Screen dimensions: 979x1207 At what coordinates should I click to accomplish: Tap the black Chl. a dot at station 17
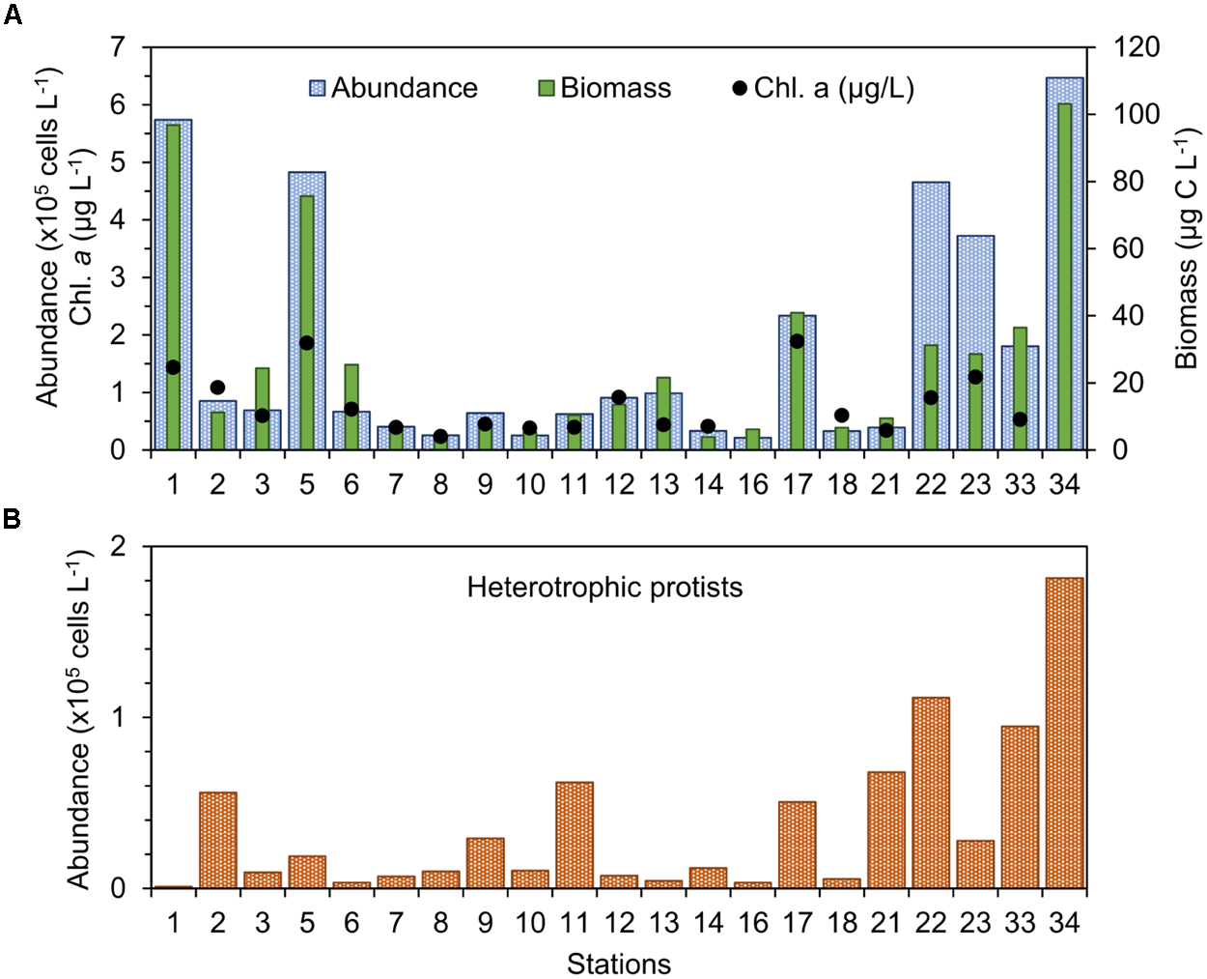[x=797, y=341]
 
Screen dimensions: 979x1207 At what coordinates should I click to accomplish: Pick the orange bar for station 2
[x=217, y=840]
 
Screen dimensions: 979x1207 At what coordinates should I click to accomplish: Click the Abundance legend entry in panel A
[x=393, y=88]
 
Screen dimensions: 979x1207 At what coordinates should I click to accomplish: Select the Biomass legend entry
[x=604, y=88]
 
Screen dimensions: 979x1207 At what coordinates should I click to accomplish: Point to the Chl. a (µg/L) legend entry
[x=823, y=88]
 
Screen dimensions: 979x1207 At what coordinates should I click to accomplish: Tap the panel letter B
[x=13, y=519]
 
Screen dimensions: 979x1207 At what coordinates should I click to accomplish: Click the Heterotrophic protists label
[x=604, y=588]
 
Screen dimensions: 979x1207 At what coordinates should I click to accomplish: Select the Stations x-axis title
[x=618, y=964]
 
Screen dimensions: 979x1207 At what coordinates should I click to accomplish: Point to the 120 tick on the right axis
[x=1137, y=47]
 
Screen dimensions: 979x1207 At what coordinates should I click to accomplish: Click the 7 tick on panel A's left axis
[x=118, y=47]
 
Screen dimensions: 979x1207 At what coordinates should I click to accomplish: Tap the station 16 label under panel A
[x=752, y=483]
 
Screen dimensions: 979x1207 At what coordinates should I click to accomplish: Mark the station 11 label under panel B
[x=575, y=923]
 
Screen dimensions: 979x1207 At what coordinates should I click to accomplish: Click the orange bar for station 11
[x=575, y=835]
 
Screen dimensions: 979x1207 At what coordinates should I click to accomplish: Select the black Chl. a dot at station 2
[x=217, y=388]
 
